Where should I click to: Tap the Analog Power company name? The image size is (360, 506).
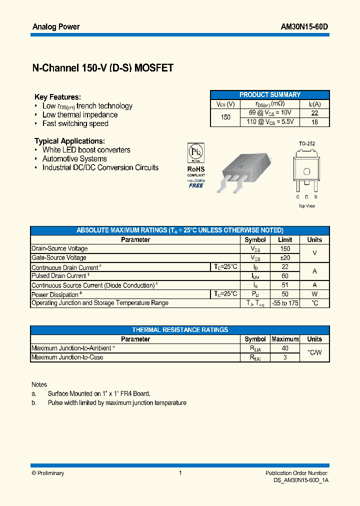pos(56,26)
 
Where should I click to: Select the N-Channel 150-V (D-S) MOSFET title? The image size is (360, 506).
pos(103,68)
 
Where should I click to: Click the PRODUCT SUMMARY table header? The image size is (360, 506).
pos(270,94)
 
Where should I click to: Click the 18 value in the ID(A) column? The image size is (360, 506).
pos(314,121)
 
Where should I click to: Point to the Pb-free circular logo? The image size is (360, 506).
pos(195,151)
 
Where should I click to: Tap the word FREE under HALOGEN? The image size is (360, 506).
pos(195,185)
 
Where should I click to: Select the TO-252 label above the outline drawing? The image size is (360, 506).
pos(307,143)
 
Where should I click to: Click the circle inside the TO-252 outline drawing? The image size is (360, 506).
pos(307,171)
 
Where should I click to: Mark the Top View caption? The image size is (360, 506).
pos(307,206)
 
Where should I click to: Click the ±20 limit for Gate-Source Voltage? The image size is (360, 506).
pos(285,257)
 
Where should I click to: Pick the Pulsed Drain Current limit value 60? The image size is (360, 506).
pos(285,276)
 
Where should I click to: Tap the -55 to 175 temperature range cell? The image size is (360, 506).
pos(285,303)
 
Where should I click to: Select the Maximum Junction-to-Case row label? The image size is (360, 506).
pos(67,357)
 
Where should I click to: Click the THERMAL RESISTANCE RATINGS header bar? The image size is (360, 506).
pos(180,330)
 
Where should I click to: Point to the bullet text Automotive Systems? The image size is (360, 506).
pos(74,159)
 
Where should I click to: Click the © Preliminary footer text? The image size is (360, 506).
pos(48,473)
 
